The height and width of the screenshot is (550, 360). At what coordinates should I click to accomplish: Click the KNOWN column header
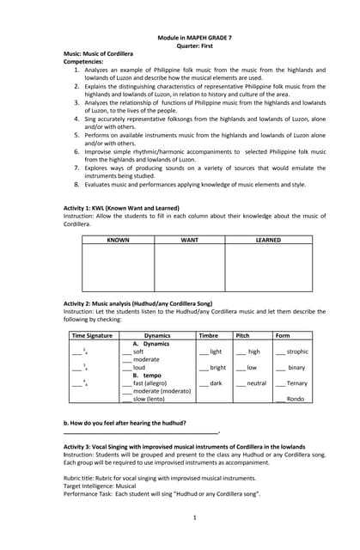click(x=118, y=240)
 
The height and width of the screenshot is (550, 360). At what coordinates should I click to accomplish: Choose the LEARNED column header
click(x=268, y=240)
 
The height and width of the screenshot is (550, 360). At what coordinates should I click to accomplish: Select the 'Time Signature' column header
click(x=91, y=335)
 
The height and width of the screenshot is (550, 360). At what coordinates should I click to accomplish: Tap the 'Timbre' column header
click(x=208, y=335)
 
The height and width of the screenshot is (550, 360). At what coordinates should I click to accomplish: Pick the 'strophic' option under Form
click(x=296, y=351)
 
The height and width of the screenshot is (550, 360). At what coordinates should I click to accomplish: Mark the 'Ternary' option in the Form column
click(x=296, y=383)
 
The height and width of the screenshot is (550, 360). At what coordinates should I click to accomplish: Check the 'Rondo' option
click(x=295, y=399)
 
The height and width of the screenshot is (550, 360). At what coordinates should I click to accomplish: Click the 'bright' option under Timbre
click(x=217, y=368)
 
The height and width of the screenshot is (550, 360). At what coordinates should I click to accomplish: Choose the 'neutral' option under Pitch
click(x=255, y=383)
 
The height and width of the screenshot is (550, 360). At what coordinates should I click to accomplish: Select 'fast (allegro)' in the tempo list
click(x=149, y=383)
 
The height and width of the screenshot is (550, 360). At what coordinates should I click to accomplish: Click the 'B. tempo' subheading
click(x=147, y=376)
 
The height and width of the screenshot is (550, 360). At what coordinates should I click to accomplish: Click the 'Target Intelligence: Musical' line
click(x=112, y=486)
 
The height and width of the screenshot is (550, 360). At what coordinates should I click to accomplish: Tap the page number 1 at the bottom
click(x=195, y=517)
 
